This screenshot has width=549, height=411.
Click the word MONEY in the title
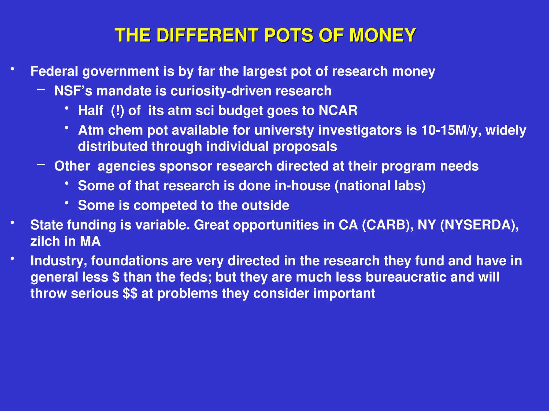(x=383, y=36)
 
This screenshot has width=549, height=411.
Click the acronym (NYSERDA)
(x=479, y=225)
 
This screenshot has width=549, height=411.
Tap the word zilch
(x=45, y=241)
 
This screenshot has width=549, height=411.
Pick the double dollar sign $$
(x=130, y=294)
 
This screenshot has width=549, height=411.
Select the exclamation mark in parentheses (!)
(x=118, y=111)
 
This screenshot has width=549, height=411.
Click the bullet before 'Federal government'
(x=12, y=69)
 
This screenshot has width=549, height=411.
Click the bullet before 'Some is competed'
(x=67, y=203)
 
